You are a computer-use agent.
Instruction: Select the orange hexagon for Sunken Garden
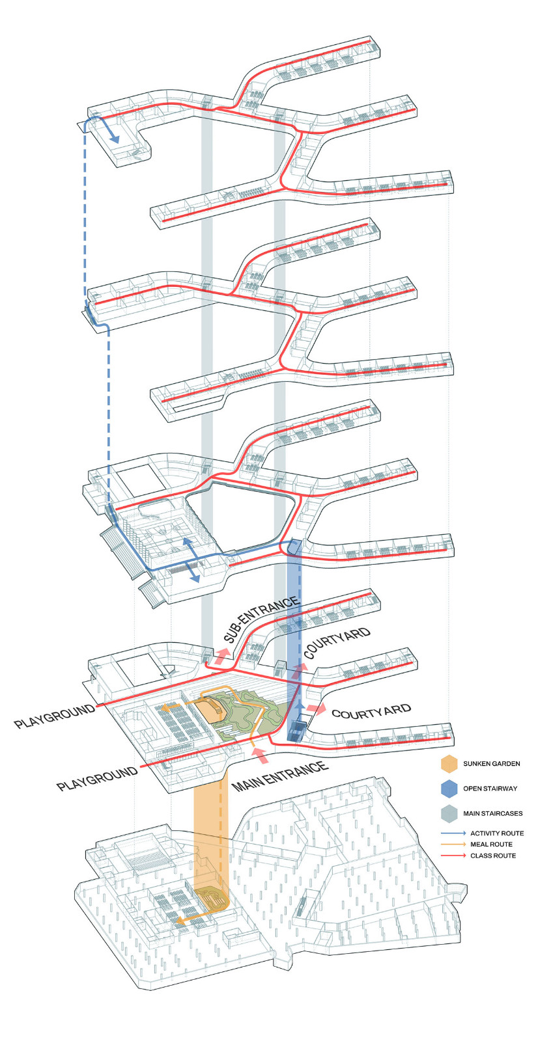coord(449,764)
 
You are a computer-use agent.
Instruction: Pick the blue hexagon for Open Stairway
coord(449,789)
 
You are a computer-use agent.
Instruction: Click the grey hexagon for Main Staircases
coord(449,813)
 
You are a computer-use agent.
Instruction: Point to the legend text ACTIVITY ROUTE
coord(496,833)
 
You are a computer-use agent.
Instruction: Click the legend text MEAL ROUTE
coord(491,845)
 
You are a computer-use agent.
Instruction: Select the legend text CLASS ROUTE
coord(493,856)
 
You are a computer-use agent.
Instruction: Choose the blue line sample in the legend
coord(453,833)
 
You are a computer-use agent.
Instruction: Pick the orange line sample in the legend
coord(453,845)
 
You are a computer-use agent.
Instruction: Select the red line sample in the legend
coord(453,856)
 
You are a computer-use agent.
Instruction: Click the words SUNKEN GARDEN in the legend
coord(491,764)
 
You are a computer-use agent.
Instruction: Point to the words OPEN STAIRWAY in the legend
coord(490,789)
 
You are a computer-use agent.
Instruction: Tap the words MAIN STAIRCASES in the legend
coord(492,813)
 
